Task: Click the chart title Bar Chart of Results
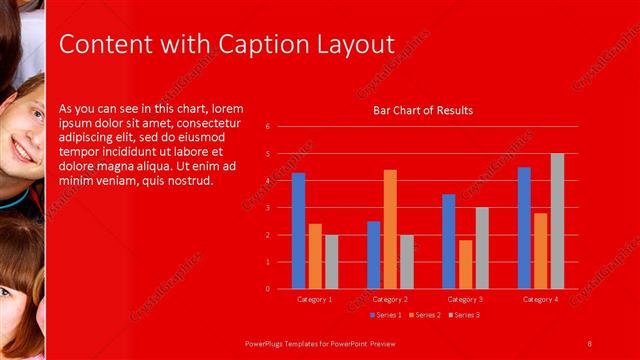tap(423, 110)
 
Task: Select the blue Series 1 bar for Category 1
tap(298, 231)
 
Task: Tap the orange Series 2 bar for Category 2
tap(390, 229)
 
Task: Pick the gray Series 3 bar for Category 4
tap(557, 221)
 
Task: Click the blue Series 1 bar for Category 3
tap(448, 241)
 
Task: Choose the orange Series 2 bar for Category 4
tap(540, 251)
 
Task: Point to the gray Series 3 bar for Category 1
tap(331, 262)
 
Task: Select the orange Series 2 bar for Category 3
tap(465, 264)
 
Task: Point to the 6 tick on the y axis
tap(268, 127)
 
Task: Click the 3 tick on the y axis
tap(268, 208)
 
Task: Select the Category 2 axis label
tap(390, 299)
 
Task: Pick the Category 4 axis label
tap(540, 299)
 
